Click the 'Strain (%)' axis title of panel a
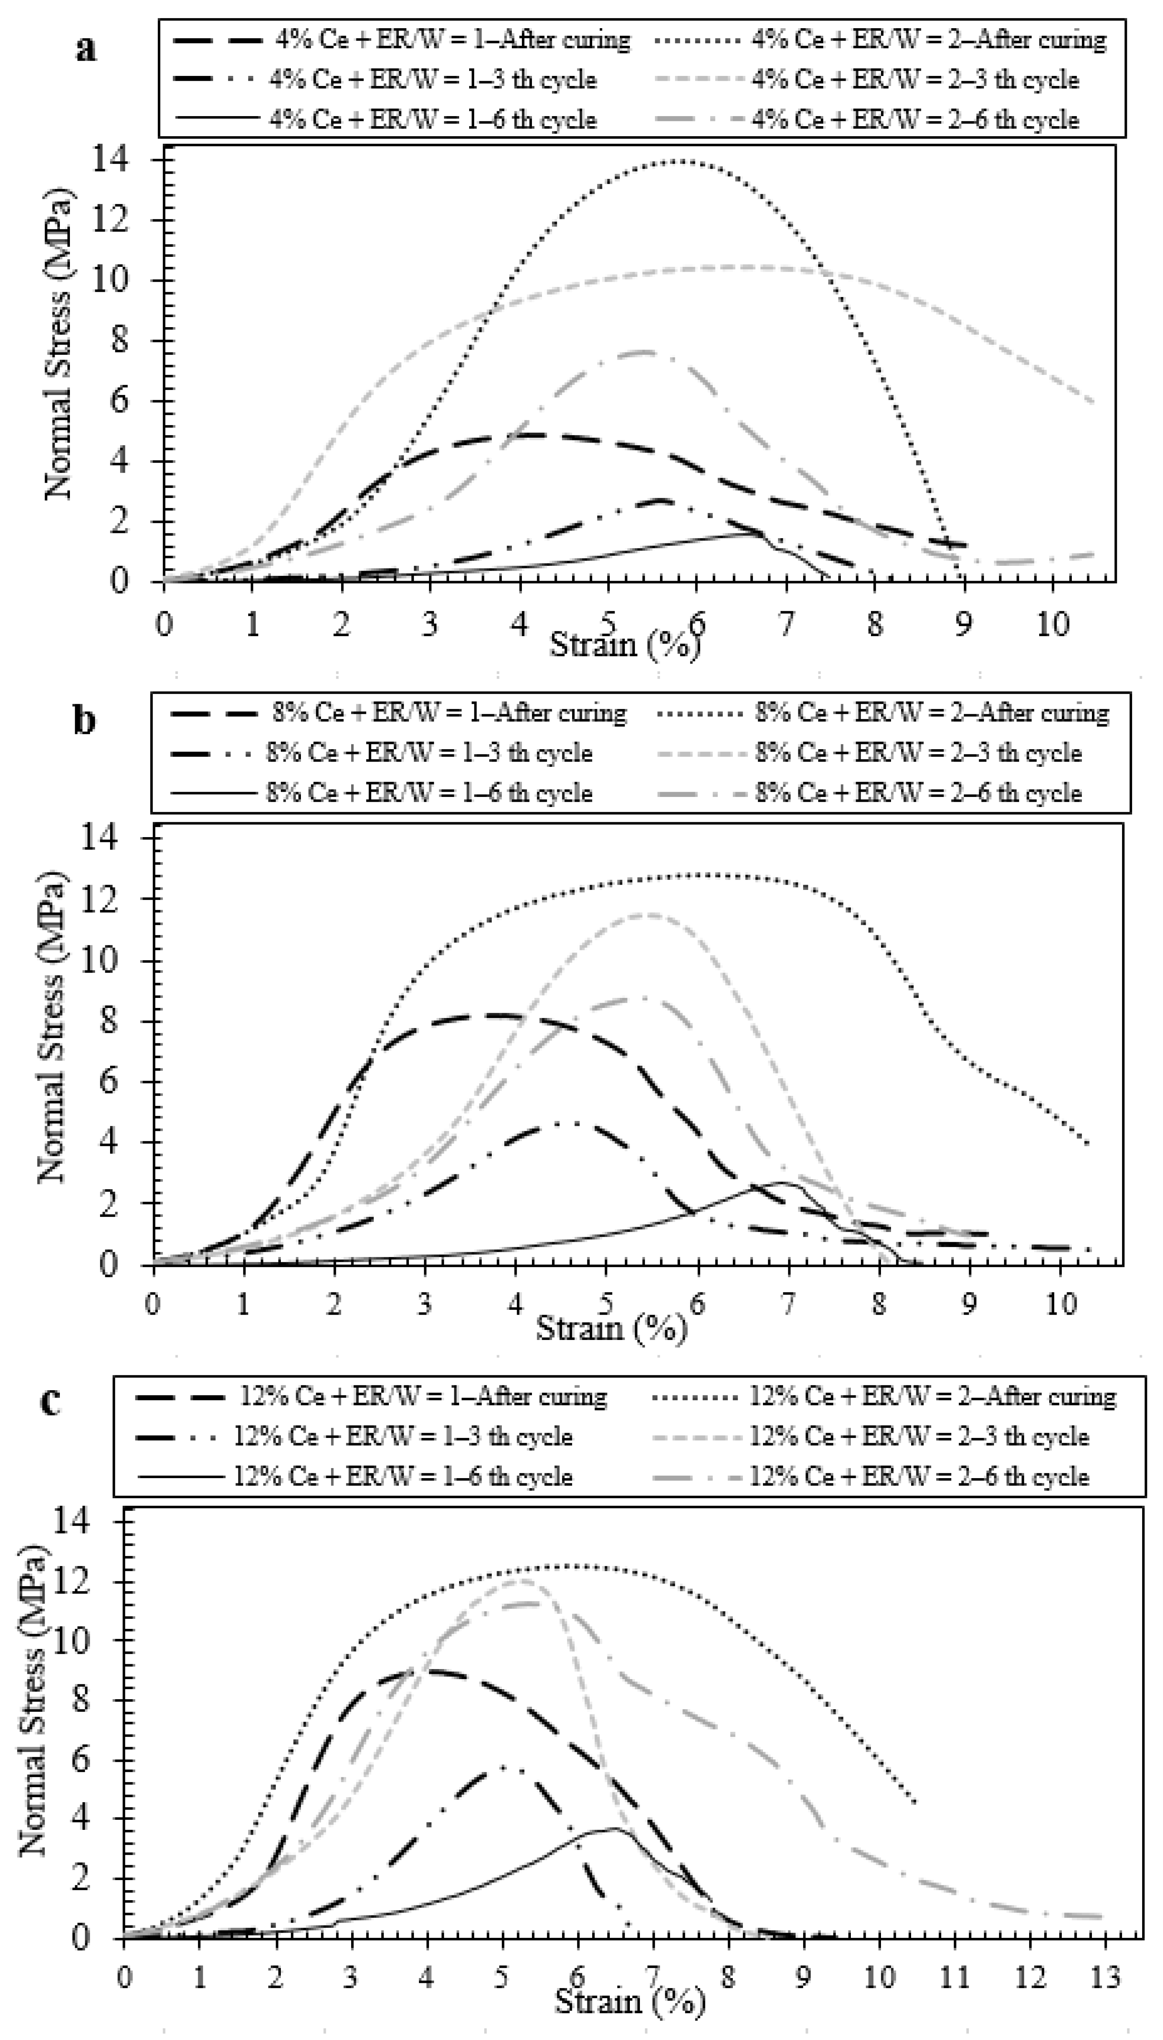click(625, 644)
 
